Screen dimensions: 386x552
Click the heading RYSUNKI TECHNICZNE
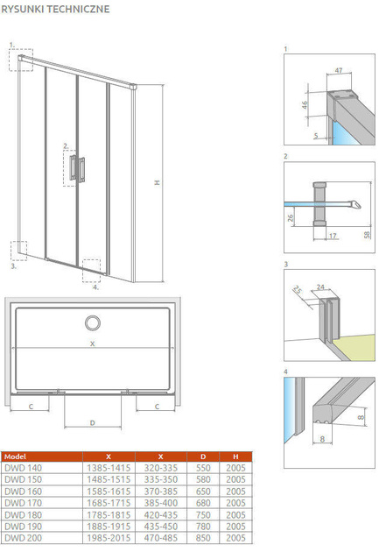pos(55,9)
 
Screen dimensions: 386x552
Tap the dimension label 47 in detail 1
pos(339,70)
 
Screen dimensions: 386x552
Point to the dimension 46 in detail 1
pos(305,104)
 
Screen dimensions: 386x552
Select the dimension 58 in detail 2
pos(367,235)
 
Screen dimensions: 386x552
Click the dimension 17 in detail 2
pos(333,236)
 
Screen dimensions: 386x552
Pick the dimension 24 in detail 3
pos(320,287)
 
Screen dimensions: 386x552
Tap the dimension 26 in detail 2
pos(291,218)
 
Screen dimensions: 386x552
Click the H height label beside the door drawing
pos(158,182)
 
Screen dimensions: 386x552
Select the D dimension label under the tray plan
pos(93,423)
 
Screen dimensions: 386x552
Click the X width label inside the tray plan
pos(93,343)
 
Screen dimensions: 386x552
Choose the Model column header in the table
pos(15,456)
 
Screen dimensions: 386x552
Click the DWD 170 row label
pos(24,503)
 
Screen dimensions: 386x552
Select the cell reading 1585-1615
pos(109,491)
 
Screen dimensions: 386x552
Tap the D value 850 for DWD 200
pos(203,538)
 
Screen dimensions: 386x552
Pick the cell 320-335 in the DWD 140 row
pos(161,468)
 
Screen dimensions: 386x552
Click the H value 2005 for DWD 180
pos(235,514)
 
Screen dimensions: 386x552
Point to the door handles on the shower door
pos(77,168)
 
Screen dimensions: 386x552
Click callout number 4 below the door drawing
pos(95,287)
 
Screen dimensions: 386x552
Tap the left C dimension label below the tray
pos(31,407)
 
